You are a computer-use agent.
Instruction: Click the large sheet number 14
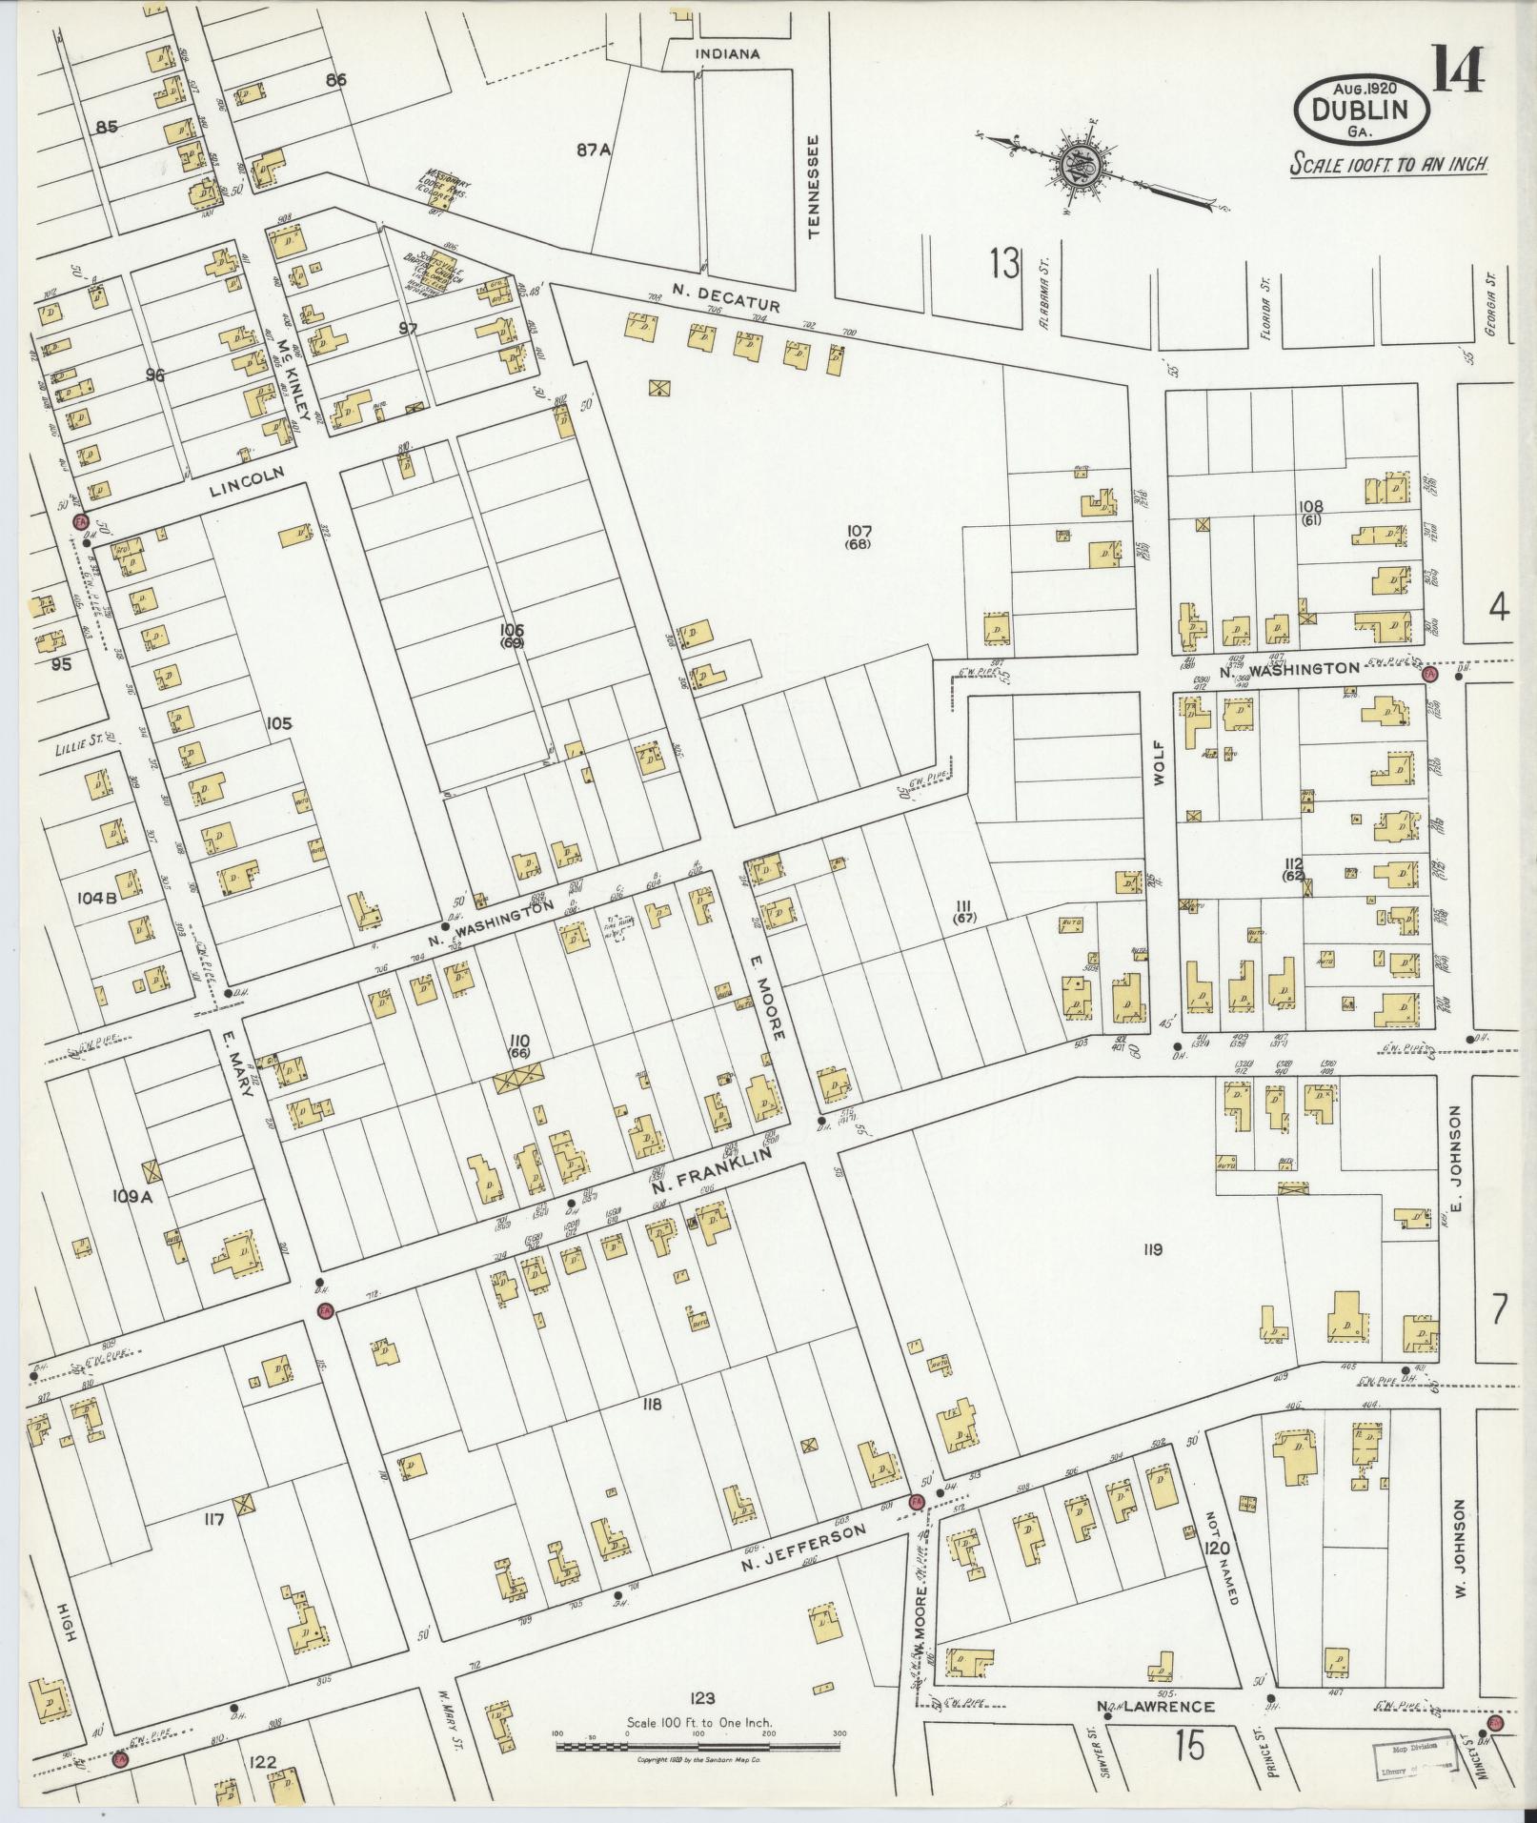[x=1455, y=71]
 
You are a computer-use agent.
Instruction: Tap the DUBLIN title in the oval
[x=1360, y=110]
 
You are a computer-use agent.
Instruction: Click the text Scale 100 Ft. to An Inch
[x=1389, y=164]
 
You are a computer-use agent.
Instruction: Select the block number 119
[x=1152, y=1249]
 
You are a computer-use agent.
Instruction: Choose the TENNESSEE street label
[x=813, y=185]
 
